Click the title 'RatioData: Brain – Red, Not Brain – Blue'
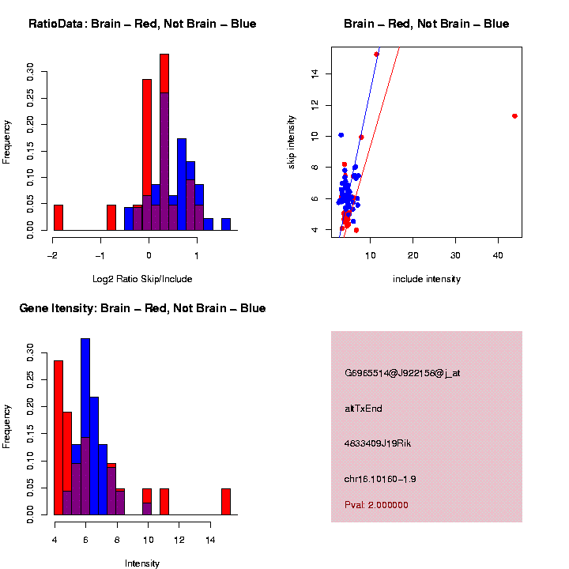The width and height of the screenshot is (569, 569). point(142,24)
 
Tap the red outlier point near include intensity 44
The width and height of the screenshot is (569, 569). point(514,116)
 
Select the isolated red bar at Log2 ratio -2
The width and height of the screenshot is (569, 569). point(58,217)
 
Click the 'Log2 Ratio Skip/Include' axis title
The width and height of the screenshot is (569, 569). point(142,279)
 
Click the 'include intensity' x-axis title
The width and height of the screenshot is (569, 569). point(427,279)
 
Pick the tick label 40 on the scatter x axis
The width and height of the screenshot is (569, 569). point(498,255)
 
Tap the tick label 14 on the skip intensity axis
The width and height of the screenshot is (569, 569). point(315,73)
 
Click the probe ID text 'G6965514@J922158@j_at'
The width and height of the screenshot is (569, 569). point(402,373)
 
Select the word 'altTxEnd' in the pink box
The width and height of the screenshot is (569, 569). point(364,409)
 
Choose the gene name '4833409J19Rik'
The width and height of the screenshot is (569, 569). point(378,443)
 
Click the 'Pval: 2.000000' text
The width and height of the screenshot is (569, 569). point(376,505)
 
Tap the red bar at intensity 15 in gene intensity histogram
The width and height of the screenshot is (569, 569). point(226,502)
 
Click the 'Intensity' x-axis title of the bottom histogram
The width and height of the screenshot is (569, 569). point(142,563)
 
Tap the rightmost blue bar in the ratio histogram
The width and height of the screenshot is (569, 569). point(226,224)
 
